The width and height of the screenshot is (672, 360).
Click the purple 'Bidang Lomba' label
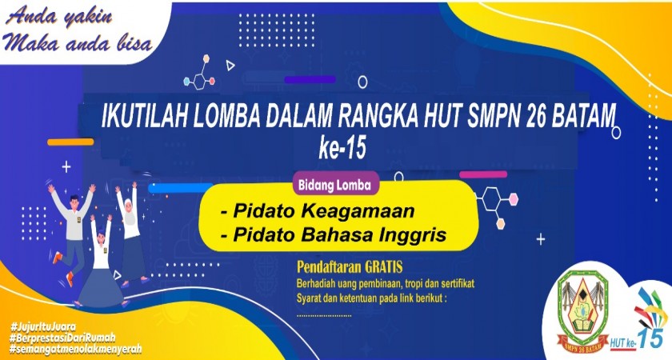point(334,185)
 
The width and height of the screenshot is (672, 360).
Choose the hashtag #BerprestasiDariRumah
point(62,338)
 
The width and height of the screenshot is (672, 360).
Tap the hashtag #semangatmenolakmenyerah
point(75,349)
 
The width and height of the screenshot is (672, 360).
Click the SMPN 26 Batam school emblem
point(582,310)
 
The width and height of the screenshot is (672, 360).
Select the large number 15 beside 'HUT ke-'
point(650,338)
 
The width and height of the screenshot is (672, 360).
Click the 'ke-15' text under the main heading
point(342,148)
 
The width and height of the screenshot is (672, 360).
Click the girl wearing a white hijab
point(130,234)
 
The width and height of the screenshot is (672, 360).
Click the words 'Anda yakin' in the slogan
point(59,18)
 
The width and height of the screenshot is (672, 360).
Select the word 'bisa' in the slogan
point(134,43)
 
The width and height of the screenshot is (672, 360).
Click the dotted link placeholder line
point(324,316)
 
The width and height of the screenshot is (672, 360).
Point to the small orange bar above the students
point(70,142)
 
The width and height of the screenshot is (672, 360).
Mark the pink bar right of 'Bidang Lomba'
point(483,174)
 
